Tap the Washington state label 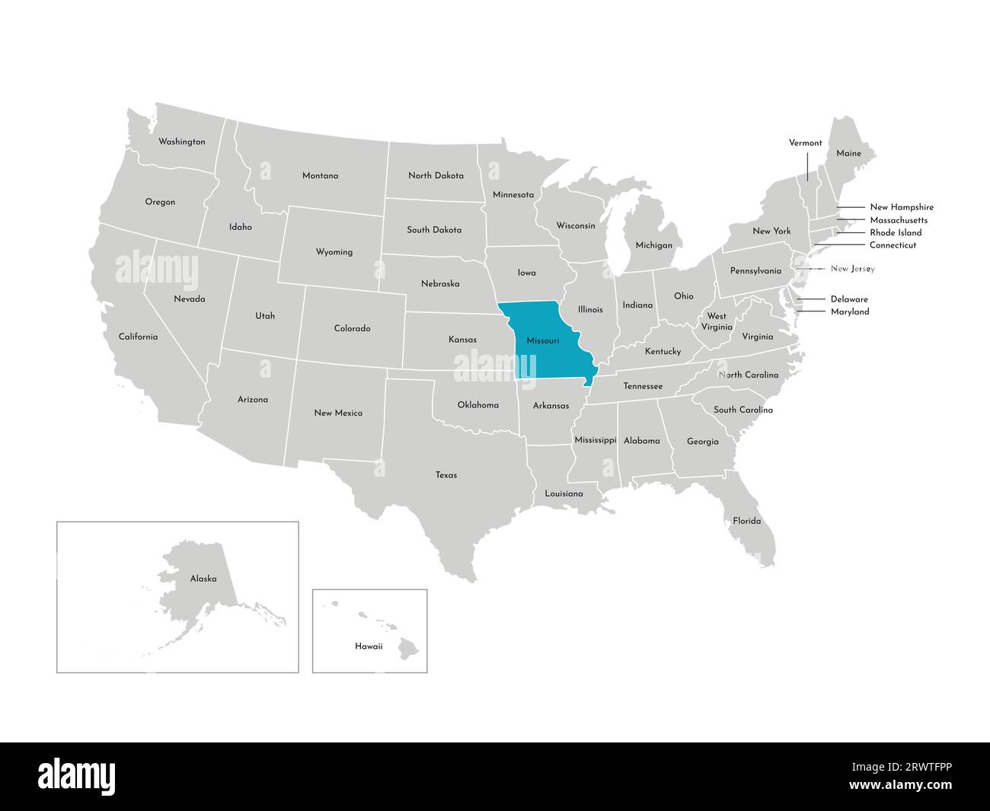(181, 142)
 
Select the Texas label (446, 475)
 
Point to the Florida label (746, 521)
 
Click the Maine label (848, 153)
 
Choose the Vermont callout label (805, 142)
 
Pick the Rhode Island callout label (896, 232)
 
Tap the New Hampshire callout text (901, 207)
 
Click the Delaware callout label (848, 299)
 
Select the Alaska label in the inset (203, 579)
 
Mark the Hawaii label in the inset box (369, 646)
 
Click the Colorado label (352, 328)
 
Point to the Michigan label (654, 245)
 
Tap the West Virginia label (716, 321)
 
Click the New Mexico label (338, 413)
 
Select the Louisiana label (564, 493)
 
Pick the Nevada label (189, 299)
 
